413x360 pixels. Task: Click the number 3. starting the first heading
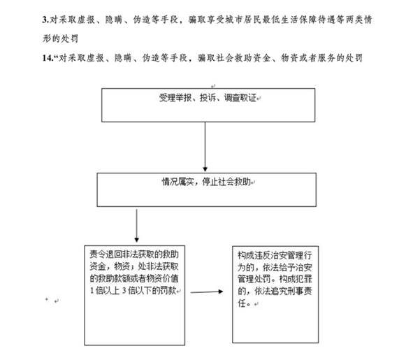point(46,20)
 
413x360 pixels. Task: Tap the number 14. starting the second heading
point(48,58)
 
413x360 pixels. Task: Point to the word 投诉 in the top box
point(208,98)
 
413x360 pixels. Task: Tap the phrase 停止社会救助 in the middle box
point(226,182)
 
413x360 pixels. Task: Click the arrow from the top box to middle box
point(205,147)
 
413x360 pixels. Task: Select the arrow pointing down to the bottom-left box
point(136,226)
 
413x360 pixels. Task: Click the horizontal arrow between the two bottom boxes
point(207,291)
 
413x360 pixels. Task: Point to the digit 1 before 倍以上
point(92,291)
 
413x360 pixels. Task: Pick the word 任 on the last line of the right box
point(242,303)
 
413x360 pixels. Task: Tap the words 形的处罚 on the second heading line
point(60,38)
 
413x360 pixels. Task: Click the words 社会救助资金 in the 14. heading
point(243,58)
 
